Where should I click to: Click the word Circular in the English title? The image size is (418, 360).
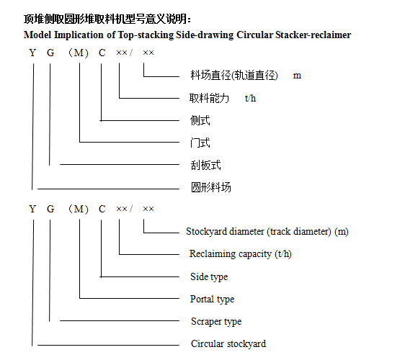255,35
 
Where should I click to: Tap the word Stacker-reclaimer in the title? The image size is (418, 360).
313,35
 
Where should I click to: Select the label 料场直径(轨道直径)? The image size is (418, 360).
234,76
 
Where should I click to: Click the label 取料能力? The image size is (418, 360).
209,98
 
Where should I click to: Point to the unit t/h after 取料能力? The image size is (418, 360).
250,98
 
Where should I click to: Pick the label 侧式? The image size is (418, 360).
200,120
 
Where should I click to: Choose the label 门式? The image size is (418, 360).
200,143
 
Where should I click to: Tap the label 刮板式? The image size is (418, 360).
205,165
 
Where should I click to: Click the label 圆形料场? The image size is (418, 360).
211,187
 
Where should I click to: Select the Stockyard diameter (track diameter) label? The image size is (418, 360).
267,232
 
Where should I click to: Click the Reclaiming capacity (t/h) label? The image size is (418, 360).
241,254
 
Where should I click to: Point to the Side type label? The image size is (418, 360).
209,277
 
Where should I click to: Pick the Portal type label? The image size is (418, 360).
212,300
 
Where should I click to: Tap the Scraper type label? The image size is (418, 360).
216,322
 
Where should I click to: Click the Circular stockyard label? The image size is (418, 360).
228,343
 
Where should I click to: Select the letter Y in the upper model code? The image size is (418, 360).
32,53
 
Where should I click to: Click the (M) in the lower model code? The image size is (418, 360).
79,209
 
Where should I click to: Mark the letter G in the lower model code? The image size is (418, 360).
50,209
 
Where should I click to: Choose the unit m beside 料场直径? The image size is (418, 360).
297,76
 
